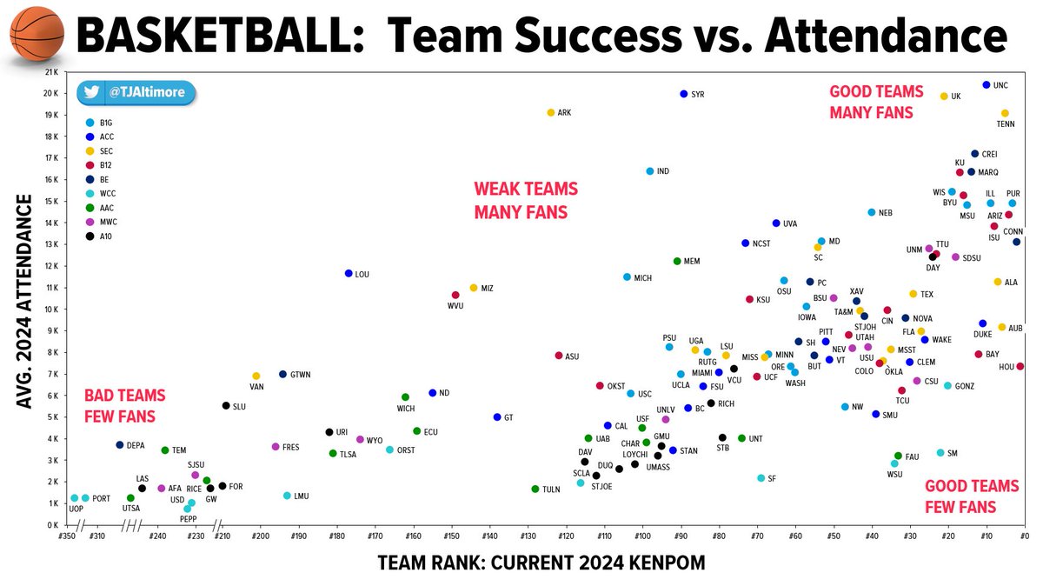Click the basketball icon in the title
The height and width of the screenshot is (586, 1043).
click(36, 36)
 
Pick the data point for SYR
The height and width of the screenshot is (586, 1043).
click(684, 94)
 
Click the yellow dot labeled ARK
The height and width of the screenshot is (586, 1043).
click(550, 113)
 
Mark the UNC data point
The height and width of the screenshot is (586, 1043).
click(987, 85)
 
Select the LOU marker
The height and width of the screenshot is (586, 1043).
click(349, 274)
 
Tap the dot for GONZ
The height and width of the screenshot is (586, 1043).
click(947, 385)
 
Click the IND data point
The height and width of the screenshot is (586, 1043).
click(649, 171)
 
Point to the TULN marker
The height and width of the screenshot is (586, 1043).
click(535, 489)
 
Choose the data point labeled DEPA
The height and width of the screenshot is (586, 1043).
click(120, 445)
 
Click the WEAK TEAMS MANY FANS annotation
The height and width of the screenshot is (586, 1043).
click(525, 200)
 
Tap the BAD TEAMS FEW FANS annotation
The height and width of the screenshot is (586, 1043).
click(124, 405)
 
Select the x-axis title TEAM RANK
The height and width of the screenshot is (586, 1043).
click(541, 563)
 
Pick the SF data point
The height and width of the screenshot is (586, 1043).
click(761, 478)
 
